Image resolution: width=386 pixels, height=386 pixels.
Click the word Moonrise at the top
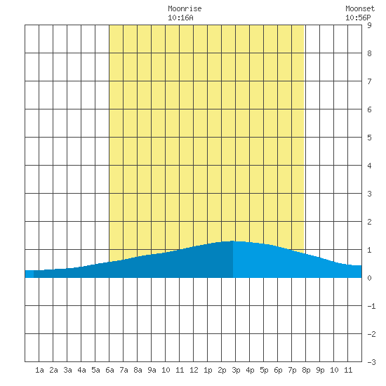tap(185, 8)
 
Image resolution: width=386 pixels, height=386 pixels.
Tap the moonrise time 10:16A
tap(180, 18)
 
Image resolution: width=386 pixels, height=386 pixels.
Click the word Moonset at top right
tap(360, 8)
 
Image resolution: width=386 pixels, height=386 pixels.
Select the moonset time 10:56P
tap(358, 18)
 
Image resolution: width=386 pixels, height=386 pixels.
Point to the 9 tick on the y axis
tap(369, 25)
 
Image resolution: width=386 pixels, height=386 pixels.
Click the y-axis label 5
tap(369, 138)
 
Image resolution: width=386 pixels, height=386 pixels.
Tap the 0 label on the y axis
tap(369, 278)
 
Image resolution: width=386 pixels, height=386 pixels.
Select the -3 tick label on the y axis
tap(371, 362)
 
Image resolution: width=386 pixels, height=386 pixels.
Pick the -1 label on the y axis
tap(371, 306)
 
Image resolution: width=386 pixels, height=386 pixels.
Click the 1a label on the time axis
tap(39, 370)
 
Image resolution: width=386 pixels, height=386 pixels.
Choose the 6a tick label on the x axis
tap(109, 370)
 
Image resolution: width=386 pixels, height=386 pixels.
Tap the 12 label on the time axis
tap(194, 370)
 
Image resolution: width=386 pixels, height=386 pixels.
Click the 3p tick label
tap(236, 370)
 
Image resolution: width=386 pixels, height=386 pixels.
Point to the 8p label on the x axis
tap(306, 370)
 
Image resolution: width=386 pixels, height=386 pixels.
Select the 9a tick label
tap(152, 370)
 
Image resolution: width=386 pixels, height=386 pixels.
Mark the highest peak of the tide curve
tap(232, 241)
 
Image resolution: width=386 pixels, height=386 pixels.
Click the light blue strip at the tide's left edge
tap(29, 274)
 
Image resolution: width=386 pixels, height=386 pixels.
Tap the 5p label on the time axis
tap(264, 370)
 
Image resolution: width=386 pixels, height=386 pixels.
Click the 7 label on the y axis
tap(369, 81)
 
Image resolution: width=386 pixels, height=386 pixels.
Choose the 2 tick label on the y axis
tap(369, 222)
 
